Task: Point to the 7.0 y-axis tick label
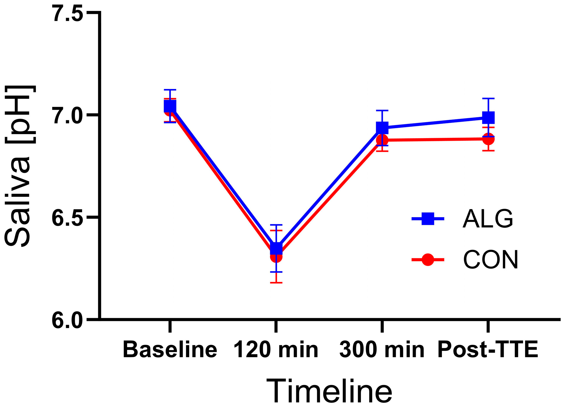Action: [x=67, y=115]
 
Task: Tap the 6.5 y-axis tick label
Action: [x=67, y=217]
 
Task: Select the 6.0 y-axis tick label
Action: [x=67, y=319]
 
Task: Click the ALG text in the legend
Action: [x=488, y=219]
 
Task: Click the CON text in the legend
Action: [x=490, y=259]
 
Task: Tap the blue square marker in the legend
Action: [x=428, y=219]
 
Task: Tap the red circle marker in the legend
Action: [x=428, y=259]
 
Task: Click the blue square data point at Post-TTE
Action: [x=488, y=118]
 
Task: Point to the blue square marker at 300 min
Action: [x=382, y=127]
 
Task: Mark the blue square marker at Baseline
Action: [x=170, y=106]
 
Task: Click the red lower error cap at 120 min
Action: [x=276, y=283]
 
